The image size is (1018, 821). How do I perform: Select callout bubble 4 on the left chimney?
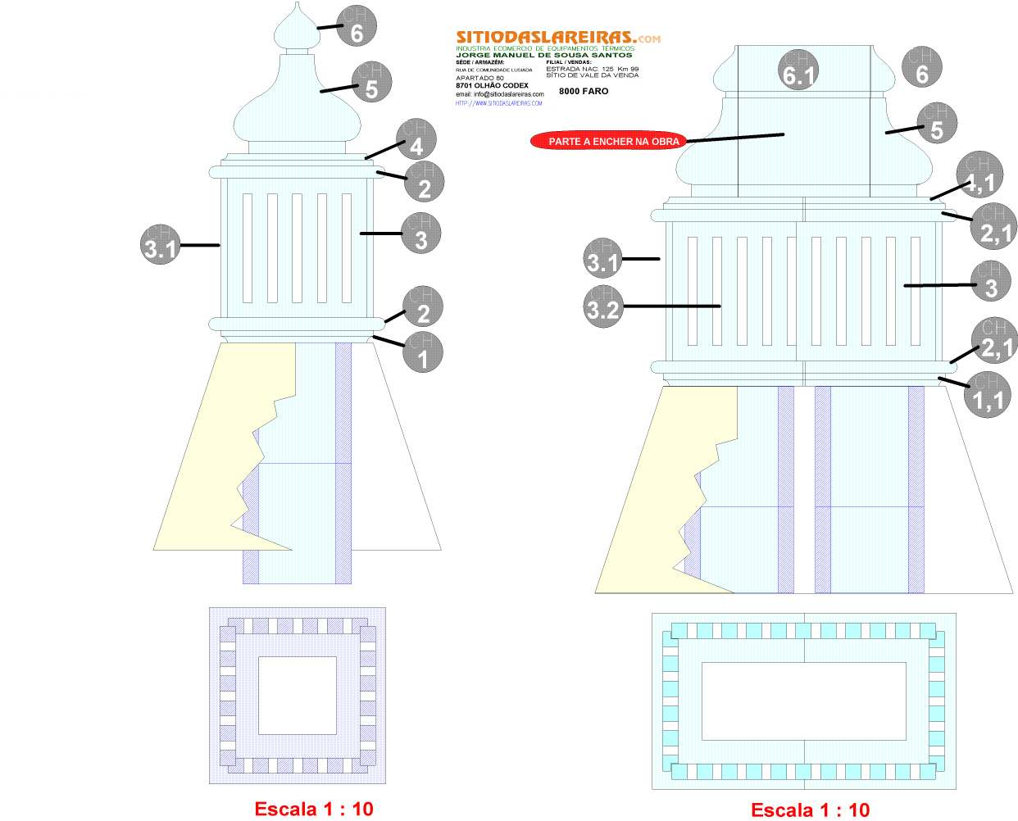[416, 139]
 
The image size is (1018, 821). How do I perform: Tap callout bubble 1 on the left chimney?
[423, 352]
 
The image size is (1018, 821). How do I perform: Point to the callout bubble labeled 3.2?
[602, 306]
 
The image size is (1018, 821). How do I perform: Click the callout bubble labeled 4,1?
[978, 173]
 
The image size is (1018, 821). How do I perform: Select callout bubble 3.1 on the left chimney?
[161, 243]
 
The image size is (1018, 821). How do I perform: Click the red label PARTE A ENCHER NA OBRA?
[613, 141]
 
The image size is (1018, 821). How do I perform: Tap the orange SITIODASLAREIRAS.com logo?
[557, 37]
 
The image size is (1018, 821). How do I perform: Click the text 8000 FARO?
[584, 91]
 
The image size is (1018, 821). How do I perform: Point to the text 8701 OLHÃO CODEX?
[492, 85]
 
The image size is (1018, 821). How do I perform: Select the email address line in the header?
[499, 94]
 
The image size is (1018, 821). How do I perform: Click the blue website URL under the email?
[498, 103]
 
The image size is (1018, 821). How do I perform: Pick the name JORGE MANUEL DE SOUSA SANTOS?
[543, 55]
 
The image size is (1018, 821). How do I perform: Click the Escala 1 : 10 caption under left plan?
[314, 809]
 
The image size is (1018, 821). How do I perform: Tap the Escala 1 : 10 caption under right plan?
[810, 810]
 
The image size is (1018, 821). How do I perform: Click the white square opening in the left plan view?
[298, 695]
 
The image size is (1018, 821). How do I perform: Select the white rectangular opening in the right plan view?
[803, 701]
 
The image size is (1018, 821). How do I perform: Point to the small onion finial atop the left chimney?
[294, 29]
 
